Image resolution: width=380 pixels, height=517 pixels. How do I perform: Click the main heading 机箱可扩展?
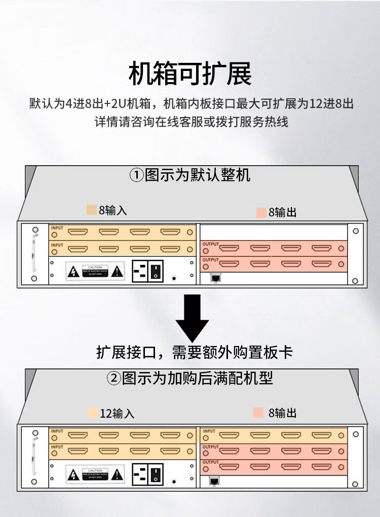(x=190, y=74)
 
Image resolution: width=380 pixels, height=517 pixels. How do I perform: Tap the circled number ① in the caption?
(x=136, y=176)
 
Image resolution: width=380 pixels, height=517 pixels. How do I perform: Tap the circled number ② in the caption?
(x=113, y=378)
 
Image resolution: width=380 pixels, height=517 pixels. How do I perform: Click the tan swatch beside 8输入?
(x=92, y=210)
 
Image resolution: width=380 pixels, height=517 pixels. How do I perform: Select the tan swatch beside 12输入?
(x=92, y=413)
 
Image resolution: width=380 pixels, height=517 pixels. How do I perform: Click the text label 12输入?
(x=117, y=413)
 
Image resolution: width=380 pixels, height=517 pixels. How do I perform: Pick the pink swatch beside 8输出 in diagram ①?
(x=261, y=212)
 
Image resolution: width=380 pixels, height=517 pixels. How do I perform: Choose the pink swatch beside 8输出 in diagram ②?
(x=259, y=413)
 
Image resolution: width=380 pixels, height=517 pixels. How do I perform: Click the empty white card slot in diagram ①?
(x=274, y=232)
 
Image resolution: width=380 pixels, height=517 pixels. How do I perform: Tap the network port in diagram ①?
(x=216, y=278)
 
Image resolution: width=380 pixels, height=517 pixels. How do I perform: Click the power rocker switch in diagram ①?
(x=157, y=271)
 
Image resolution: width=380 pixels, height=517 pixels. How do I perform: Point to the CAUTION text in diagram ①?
(x=95, y=267)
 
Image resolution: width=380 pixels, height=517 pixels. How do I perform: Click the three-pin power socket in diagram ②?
(x=140, y=473)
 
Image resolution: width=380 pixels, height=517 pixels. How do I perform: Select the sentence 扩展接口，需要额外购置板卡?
(x=195, y=352)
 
